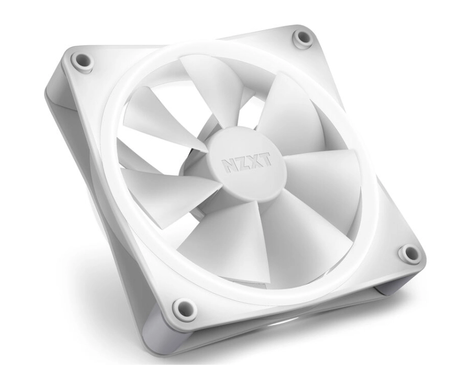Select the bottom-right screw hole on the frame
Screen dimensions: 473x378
pyautogui.click(x=409, y=254)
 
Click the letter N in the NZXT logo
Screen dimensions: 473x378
pyautogui.click(x=228, y=165)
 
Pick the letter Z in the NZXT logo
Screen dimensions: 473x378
pyautogui.click(x=240, y=163)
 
